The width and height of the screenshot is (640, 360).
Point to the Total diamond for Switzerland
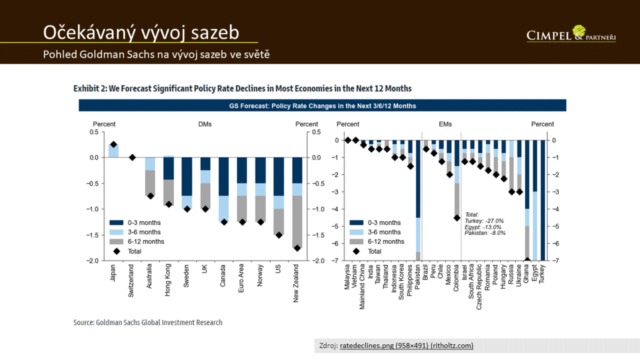[x=132, y=157]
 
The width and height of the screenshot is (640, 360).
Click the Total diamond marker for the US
[x=279, y=235]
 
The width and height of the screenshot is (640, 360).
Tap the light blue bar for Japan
[x=113, y=151]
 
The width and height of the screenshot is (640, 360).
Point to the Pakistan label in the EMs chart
[x=417, y=279]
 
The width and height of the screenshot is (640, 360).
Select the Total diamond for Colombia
[x=456, y=218]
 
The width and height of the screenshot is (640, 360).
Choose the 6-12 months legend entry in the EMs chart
[x=383, y=241]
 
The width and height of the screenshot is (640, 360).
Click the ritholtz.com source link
[x=406, y=346]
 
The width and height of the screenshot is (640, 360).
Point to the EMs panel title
[x=445, y=124]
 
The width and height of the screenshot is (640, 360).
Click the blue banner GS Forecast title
[x=322, y=106]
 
